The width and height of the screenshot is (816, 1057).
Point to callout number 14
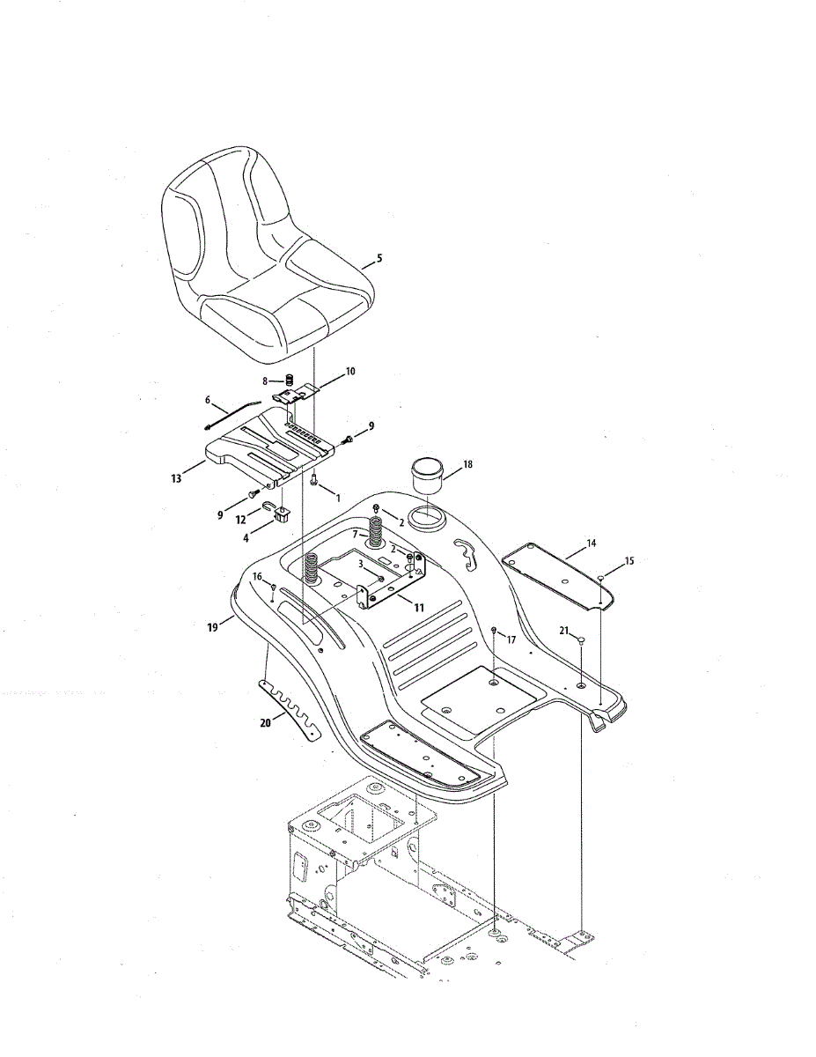click(x=592, y=543)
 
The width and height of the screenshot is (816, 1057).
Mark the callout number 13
click(x=176, y=478)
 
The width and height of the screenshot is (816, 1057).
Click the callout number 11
click(x=418, y=608)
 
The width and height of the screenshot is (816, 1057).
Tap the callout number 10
click(x=350, y=372)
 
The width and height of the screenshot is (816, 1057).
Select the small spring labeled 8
click(x=287, y=380)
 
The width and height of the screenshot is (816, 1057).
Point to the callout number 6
click(x=208, y=400)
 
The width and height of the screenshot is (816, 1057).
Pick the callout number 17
click(x=511, y=639)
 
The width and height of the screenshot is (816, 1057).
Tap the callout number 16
click(x=257, y=576)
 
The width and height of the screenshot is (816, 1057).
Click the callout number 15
click(x=629, y=560)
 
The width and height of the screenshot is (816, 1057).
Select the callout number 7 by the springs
click(x=355, y=534)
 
